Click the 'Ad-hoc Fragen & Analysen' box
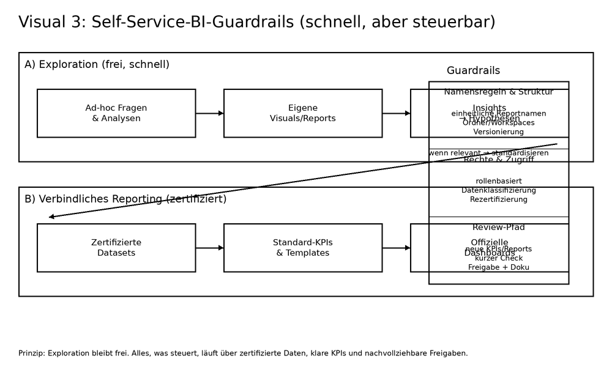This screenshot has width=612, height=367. [116, 113]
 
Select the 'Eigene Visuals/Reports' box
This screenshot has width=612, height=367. [303, 113]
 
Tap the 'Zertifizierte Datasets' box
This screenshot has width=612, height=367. [116, 248]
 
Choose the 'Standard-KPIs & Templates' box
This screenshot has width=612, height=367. [303, 248]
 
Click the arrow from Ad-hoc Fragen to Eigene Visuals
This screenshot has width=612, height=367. [209, 113]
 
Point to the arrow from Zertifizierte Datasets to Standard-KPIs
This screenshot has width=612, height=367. [209, 248]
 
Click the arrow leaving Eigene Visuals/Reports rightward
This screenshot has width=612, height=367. [396, 113]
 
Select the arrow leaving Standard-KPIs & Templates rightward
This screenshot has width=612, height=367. [396, 248]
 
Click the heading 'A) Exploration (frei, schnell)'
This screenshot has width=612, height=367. [97, 64]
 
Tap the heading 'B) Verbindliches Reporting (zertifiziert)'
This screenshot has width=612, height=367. [125, 199]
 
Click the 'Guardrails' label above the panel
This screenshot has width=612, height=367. [473, 70]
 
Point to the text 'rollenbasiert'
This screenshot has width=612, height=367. [499, 181]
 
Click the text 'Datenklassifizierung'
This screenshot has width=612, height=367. [499, 190]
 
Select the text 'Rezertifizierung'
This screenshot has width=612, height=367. [499, 199]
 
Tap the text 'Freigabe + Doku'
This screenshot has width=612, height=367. [499, 267]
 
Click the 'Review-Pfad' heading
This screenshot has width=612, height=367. [499, 228]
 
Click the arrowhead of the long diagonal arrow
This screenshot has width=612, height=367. [52, 217]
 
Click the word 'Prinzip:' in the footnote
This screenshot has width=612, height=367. [32, 353]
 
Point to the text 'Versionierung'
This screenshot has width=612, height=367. [499, 132]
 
